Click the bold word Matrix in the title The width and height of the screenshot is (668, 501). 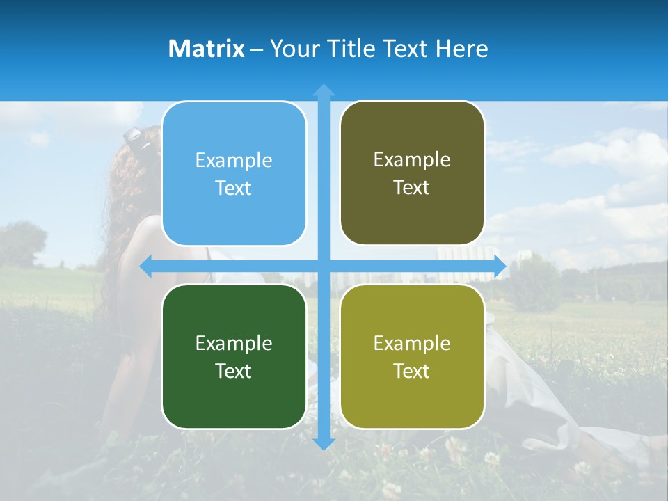coord(206,49)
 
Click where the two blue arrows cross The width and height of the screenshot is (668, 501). coord(324,267)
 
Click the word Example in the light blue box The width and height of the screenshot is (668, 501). coord(234,161)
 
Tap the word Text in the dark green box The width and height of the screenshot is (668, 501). coord(234,371)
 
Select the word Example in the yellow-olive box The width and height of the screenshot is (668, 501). coord(412,343)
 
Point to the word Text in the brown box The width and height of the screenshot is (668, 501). coord(412,188)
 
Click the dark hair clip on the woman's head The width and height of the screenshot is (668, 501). coord(137,137)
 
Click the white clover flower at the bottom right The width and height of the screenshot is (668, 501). coord(492,459)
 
